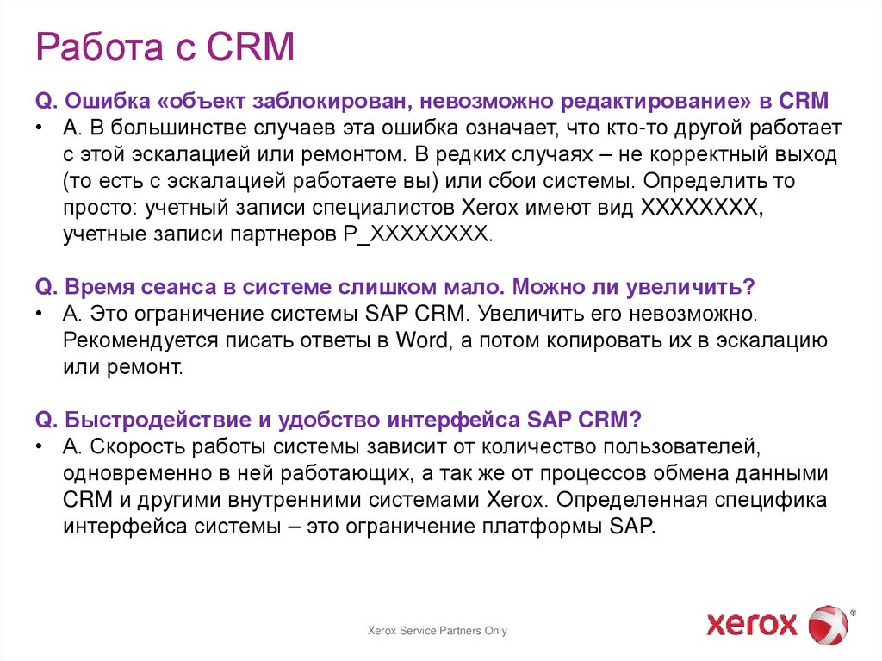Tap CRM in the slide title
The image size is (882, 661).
tap(251, 47)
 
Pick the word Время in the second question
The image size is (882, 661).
tap(103, 286)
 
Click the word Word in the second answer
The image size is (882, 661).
tap(422, 340)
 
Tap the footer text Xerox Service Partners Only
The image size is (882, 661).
tap(437, 631)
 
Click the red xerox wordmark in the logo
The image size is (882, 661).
tap(752, 622)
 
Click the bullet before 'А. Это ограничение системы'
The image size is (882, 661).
tap(41, 314)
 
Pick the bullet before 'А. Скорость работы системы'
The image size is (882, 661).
tap(41, 446)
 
